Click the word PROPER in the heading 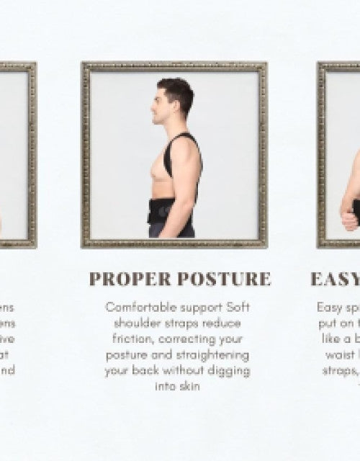pyautogui.click(x=130, y=279)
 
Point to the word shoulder pyautogui.click(x=138, y=323)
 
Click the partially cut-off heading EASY pyautogui.click(x=335, y=279)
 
